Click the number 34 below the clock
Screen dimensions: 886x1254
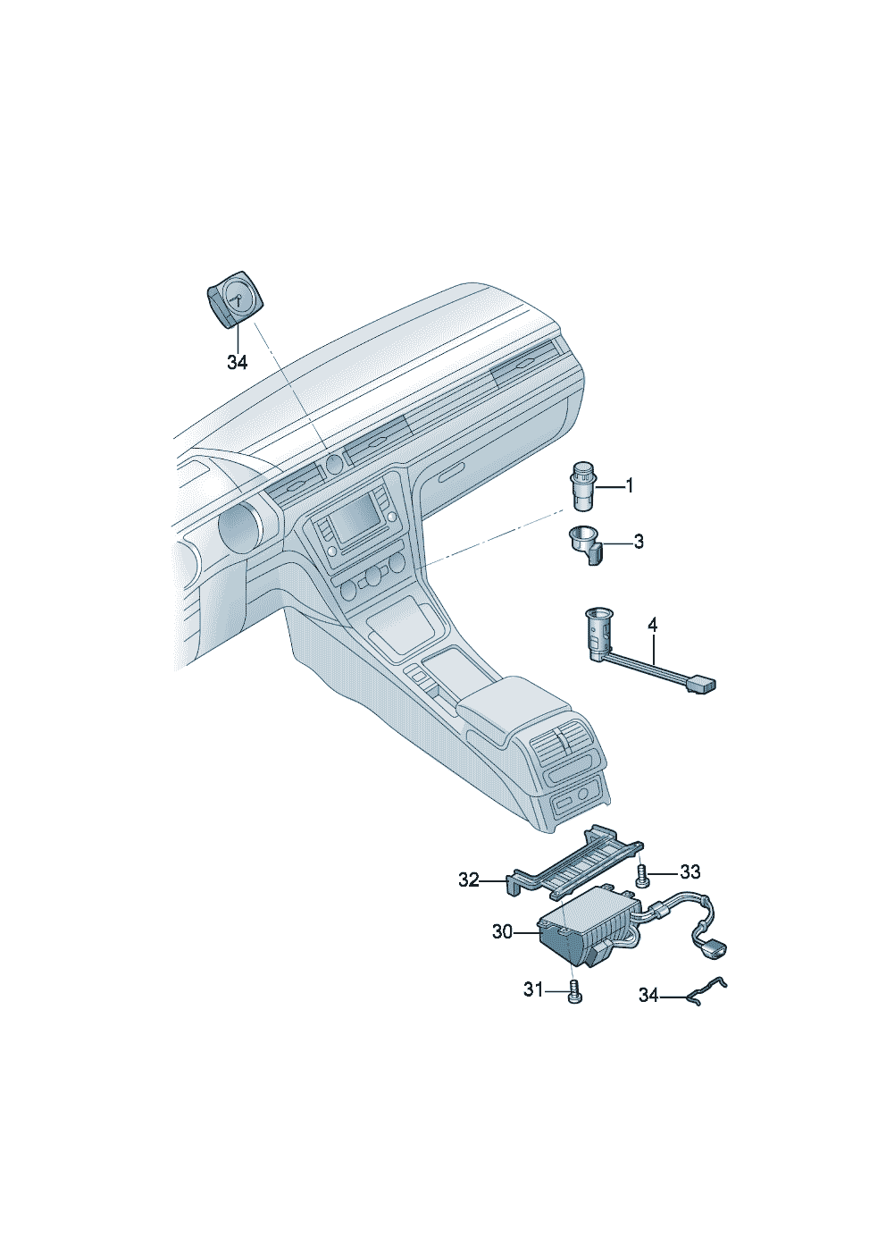(238, 363)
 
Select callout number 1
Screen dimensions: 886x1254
(629, 486)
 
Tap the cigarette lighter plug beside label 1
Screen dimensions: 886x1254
(581, 485)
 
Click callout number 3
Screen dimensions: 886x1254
(639, 542)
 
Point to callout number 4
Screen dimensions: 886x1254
(653, 626)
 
